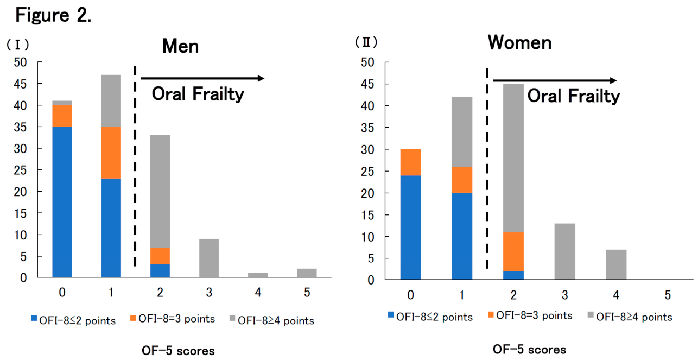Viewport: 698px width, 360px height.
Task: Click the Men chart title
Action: (x=180, y=47)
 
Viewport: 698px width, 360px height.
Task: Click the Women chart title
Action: (x=519, y=42)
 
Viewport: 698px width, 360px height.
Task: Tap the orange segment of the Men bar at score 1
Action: (x=111, y=153)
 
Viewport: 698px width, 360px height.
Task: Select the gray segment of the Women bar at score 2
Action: (x=513, y=158)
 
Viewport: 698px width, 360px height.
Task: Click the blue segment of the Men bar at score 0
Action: (x=62, y=202)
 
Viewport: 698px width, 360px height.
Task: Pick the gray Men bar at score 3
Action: (x=209, y=258)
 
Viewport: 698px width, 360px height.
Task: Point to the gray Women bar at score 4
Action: (x=616, y=264)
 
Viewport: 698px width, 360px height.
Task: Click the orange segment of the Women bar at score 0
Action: (x=410, y=162)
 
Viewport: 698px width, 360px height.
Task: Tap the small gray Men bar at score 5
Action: (x=307, y=273)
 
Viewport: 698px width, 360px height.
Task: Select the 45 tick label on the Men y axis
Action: (x=20, y=84)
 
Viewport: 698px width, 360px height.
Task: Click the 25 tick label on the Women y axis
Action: (x=367, y=172)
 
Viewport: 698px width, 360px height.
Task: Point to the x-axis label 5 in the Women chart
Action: (x=668, y=295)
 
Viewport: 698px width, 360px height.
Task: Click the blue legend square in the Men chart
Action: (x=34, y=318)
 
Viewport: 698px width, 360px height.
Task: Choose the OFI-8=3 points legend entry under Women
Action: (x=530, y=315)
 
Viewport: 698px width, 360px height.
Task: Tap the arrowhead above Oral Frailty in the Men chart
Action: (x=261, y=78)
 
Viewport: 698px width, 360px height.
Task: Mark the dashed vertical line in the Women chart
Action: (x=487, y=168)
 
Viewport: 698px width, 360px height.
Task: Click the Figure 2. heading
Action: (x=53, y=15)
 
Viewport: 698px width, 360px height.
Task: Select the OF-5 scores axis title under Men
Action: (x=178, y=351)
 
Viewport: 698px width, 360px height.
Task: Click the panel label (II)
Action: (x=366, y=42)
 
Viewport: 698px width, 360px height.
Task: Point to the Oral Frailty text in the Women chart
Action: (x=573, y=96)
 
